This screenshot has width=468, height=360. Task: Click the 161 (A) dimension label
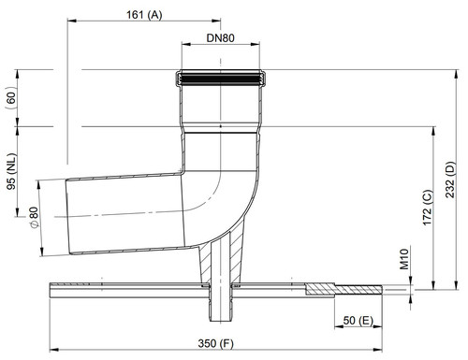click(x=144, y=15)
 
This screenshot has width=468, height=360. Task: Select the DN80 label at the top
click(x=220, y=38)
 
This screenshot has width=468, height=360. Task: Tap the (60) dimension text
click(x=11, y=98)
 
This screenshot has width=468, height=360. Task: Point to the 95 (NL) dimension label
click(x=11, y=171)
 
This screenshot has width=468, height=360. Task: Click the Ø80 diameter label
click(x=34, y=217)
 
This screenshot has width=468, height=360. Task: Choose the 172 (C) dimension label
click(x=427, y=208)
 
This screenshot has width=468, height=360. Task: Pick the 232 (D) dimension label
click(x=450, y=180)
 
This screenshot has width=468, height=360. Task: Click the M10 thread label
click(x=404, y=259)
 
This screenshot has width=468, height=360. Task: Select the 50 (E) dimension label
click(x=358, y=321)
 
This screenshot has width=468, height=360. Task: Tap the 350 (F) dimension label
click(x=215, y=343)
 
